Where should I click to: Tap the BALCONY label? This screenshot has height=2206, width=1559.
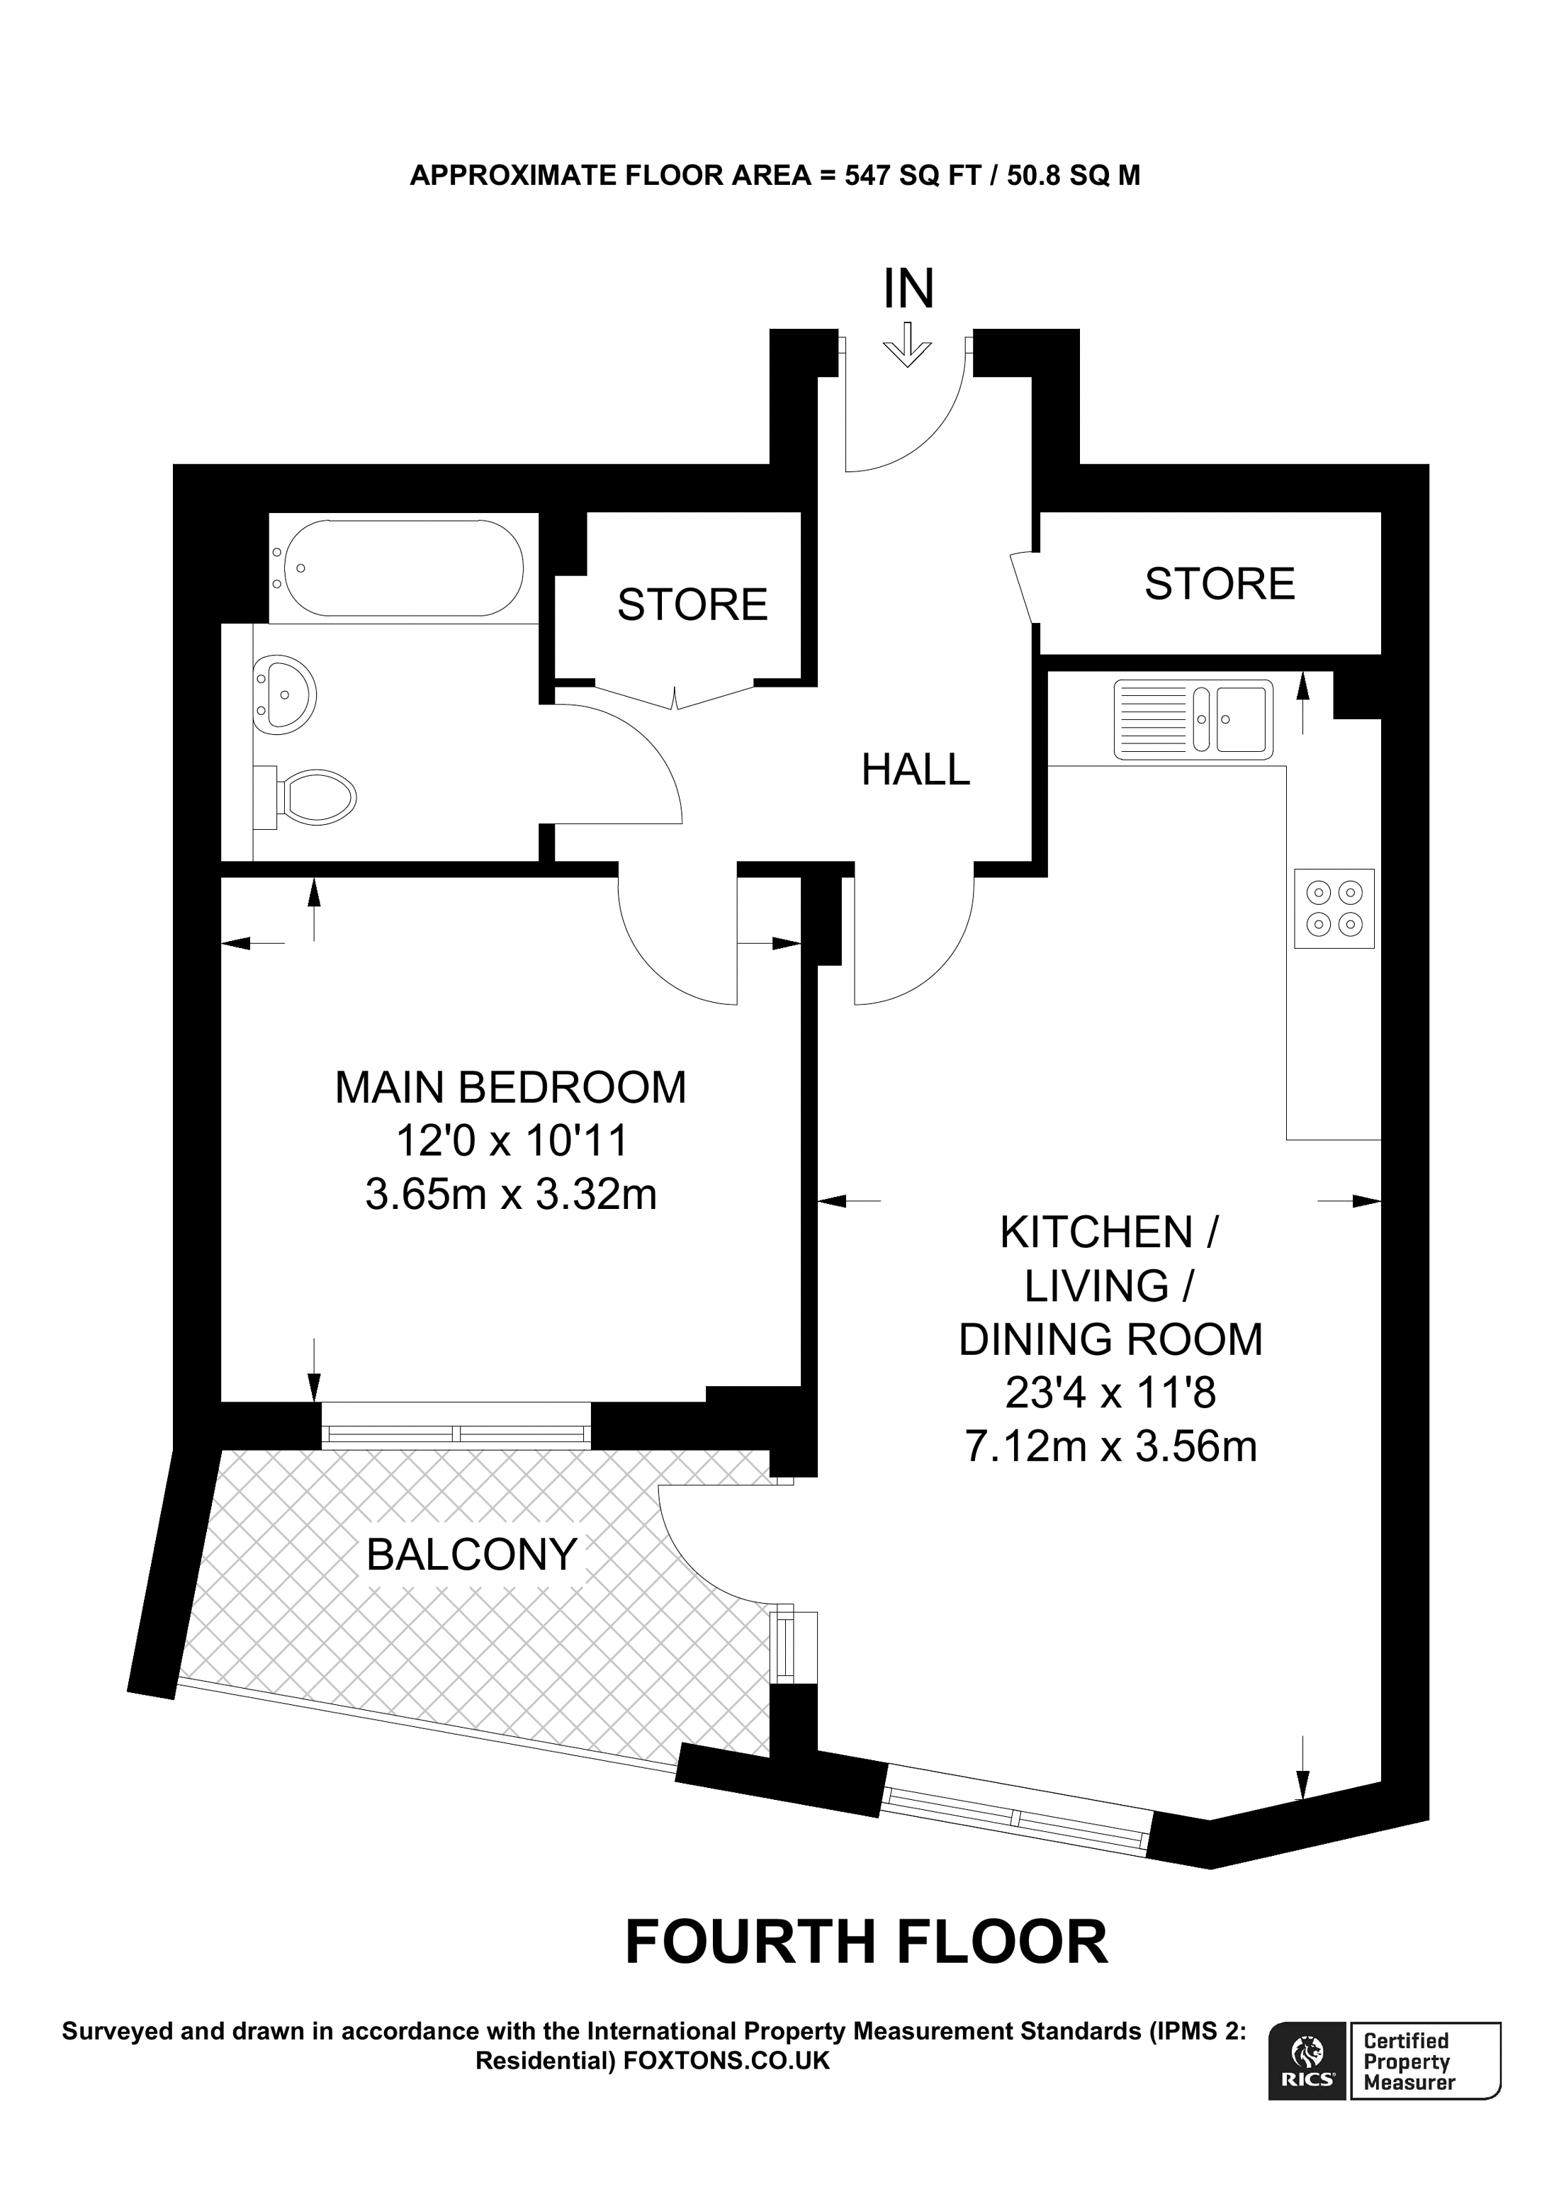coord(472,1553)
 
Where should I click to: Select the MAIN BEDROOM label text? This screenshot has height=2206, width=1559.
coord(510,1088)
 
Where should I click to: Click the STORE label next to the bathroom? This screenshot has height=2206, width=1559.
coord(692,604)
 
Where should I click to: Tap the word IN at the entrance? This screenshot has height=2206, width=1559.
coord(908,288)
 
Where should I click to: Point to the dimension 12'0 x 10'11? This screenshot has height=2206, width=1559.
coord(511,1142)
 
